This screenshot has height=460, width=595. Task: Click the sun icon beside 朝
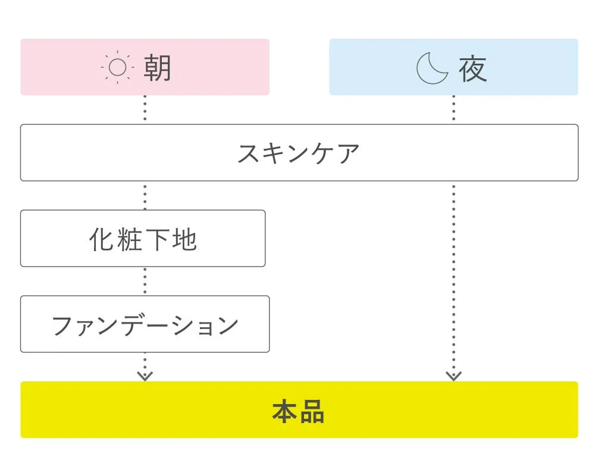pyautogui.click(x=117, y=68)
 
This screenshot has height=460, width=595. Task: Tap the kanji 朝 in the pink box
pyautogui.click(x=157, y=68)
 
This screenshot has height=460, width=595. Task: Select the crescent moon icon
pyautogui.click(x=431, y=68)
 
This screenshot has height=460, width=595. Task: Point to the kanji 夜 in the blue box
pyautogui.click(x=473, y=68)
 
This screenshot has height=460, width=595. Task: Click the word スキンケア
pyautogui.click(x=299, y=154)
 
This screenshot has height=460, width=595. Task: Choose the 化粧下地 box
pyautogui.click(x=143, y=239)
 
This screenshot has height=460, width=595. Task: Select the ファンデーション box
pyautogui.click(x=145, y=324)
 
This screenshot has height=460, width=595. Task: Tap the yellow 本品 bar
pyautogui.click(x=299, y=410)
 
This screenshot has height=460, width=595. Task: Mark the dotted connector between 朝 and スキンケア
pyautogui.click(x=145, y=109)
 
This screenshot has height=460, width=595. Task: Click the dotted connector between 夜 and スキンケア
pyautogui.click(x=453, y=109)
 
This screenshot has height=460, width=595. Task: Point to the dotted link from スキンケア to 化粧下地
pyautogui.click(x=145, y=195)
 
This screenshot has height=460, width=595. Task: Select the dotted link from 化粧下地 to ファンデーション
pyautogui.click(x=145, y=281)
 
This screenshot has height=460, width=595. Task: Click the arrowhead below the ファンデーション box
pyautogui.click(x=145, y=374)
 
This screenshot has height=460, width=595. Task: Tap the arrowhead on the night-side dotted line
pyautogui.click(x=453, y=374)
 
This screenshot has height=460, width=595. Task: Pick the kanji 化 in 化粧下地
pyautogui.click(x=102, y=239)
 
